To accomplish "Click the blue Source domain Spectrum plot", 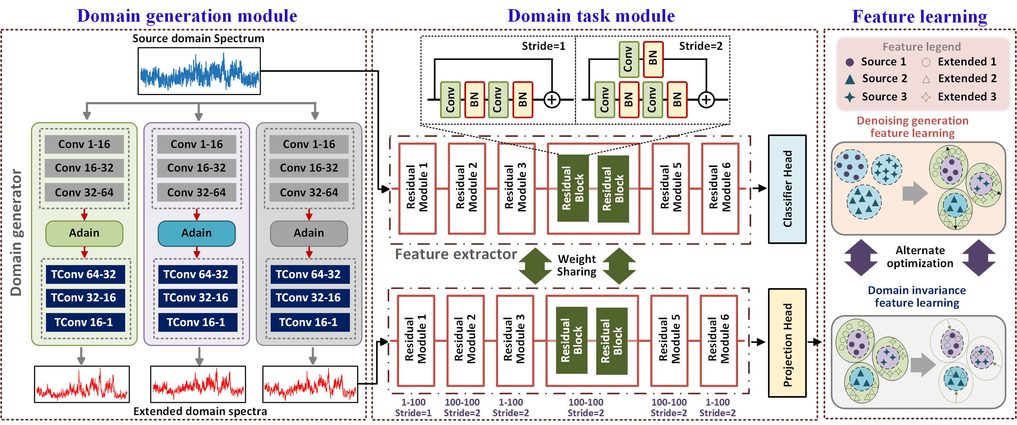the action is (199, 71).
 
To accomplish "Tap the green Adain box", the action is (84, 233).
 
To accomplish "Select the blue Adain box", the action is (196, 233).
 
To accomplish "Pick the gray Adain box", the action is (309, 233).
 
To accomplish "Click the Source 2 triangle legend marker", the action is (849, 79).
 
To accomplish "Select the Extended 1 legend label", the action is (967, 62).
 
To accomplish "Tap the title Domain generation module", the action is (187, 16).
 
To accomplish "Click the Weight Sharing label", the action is (576, 265).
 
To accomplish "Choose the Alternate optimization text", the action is (920, 256).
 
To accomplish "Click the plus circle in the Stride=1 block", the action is (552, 99).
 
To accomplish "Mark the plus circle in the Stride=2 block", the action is (706, 99).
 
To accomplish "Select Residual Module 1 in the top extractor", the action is (417, 189).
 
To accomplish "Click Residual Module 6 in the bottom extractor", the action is (718, 341).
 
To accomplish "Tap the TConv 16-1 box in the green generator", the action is (84, 322).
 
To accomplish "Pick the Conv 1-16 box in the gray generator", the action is (309, 145).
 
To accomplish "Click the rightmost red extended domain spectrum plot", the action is (310, 384).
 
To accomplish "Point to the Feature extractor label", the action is (456, 254).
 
